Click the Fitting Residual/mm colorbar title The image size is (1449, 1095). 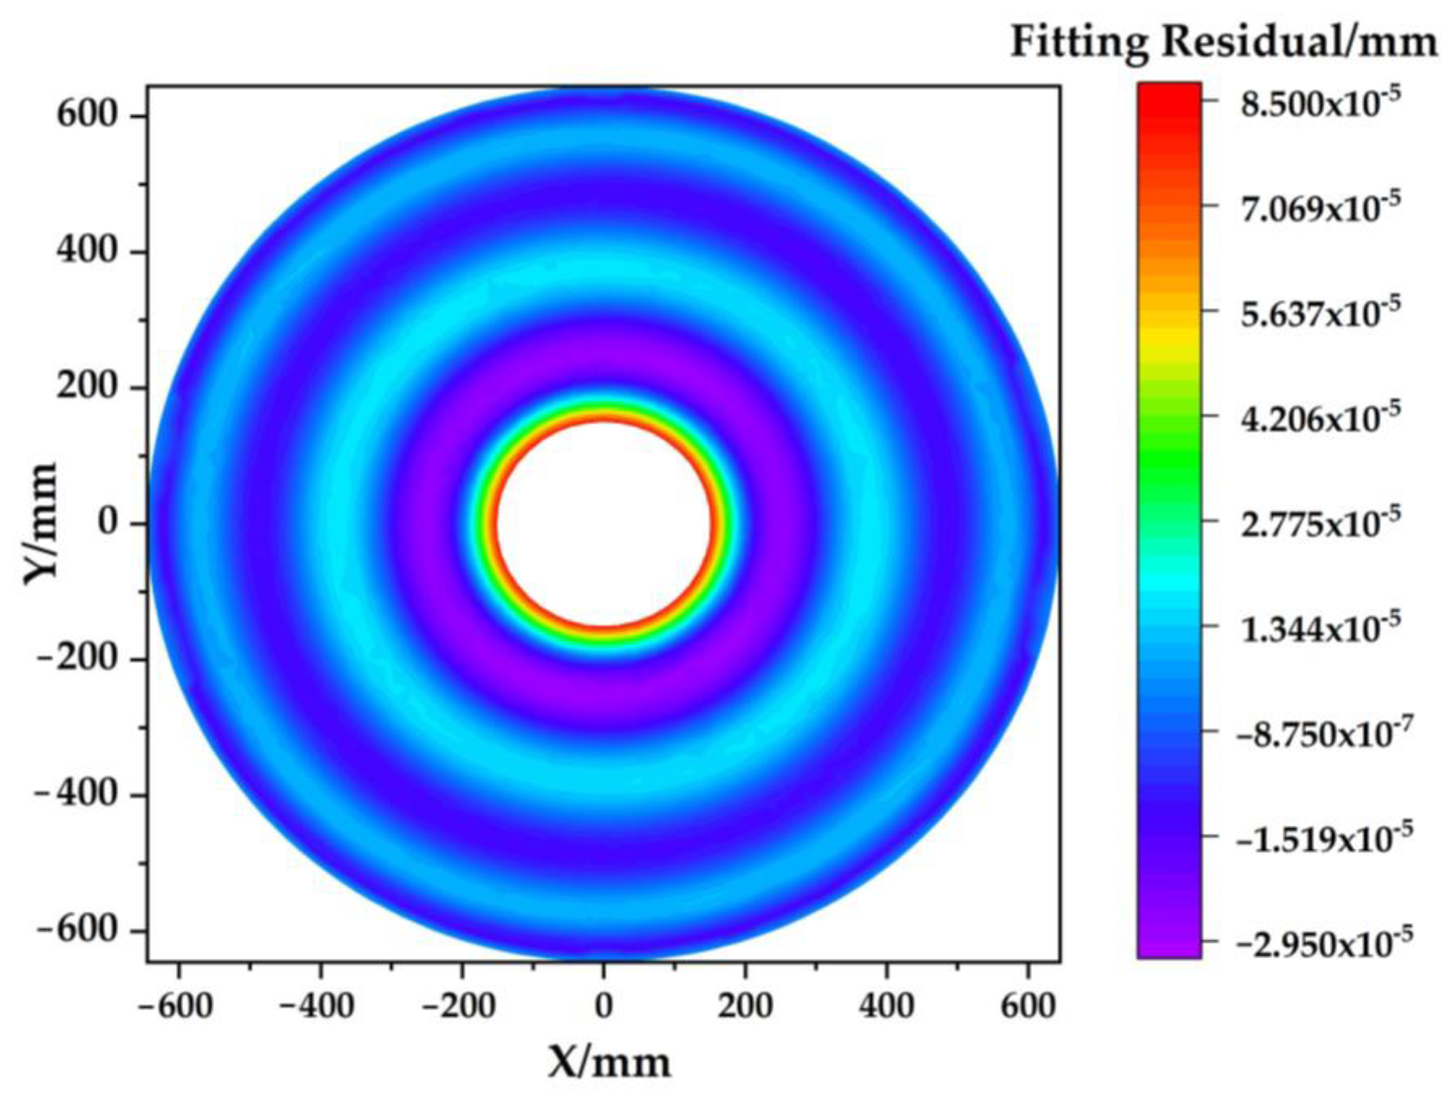tap(1224, 43)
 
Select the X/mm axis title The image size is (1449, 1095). tap(609, 1061)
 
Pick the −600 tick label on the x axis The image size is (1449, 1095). tap(176, 1006)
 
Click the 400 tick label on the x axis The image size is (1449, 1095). tap(886, 1006)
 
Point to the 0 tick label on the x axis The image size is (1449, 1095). tap(603, 1006)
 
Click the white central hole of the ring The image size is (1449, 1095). tap(603, 523)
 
